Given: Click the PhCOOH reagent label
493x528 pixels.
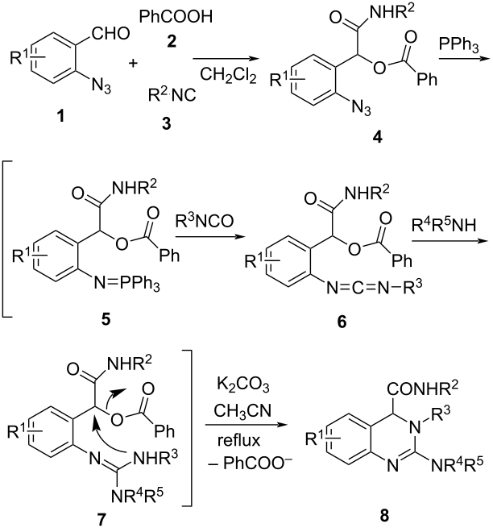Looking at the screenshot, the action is (x=176, y=16).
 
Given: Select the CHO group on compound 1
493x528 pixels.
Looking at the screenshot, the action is (x=110, y=33).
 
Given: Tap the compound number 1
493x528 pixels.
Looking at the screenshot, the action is (x=60, y=117).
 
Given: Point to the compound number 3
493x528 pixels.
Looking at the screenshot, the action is (x=167, y=123).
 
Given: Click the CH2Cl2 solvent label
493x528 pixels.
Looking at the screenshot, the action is (x=228, y=75).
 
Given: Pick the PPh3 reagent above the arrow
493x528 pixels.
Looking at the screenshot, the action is (x=458, y=45).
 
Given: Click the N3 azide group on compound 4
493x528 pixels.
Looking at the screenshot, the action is (x=362, y=108).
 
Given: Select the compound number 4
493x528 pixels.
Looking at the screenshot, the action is (x=378, y=137).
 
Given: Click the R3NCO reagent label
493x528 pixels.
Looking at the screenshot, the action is (x=205, y=221).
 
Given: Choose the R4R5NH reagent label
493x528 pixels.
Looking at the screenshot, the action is (x=444, y=225).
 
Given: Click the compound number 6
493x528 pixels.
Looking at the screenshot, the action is (x=342, y=322).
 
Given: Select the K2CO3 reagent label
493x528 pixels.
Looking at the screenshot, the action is (x=243, y=385).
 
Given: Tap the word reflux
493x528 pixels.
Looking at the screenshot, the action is (x=238, y=440).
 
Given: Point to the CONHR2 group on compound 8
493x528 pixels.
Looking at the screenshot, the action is (x=423, y=388).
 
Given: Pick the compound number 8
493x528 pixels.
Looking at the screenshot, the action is (x=384, y=515).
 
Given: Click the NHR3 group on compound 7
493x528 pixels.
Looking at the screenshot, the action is (x=155, y=457).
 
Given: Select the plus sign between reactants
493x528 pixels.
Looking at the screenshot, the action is (x=133, y=63).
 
